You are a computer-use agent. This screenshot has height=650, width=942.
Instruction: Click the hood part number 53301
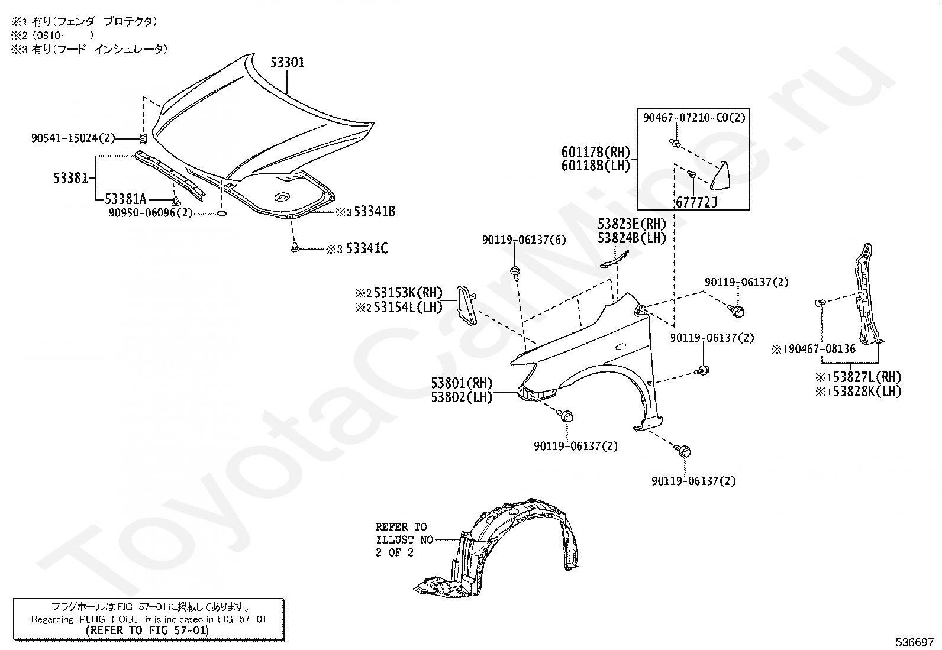288,62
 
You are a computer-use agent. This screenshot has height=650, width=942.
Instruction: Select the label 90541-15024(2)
73,138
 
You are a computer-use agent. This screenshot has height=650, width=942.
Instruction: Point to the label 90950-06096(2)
150,212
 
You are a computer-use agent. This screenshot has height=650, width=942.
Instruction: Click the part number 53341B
375,211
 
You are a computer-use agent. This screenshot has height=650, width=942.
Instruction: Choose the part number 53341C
367,248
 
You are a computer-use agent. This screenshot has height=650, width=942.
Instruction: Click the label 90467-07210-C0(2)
694,118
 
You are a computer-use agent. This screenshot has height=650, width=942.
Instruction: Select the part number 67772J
696,203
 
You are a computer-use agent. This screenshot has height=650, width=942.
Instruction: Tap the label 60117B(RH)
596,153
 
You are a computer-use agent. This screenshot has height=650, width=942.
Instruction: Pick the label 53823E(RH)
631,224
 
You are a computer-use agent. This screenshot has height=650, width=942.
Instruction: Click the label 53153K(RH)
408,292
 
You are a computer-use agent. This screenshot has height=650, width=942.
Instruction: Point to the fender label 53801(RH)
462,383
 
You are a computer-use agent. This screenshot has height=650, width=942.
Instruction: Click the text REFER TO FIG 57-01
147,630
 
